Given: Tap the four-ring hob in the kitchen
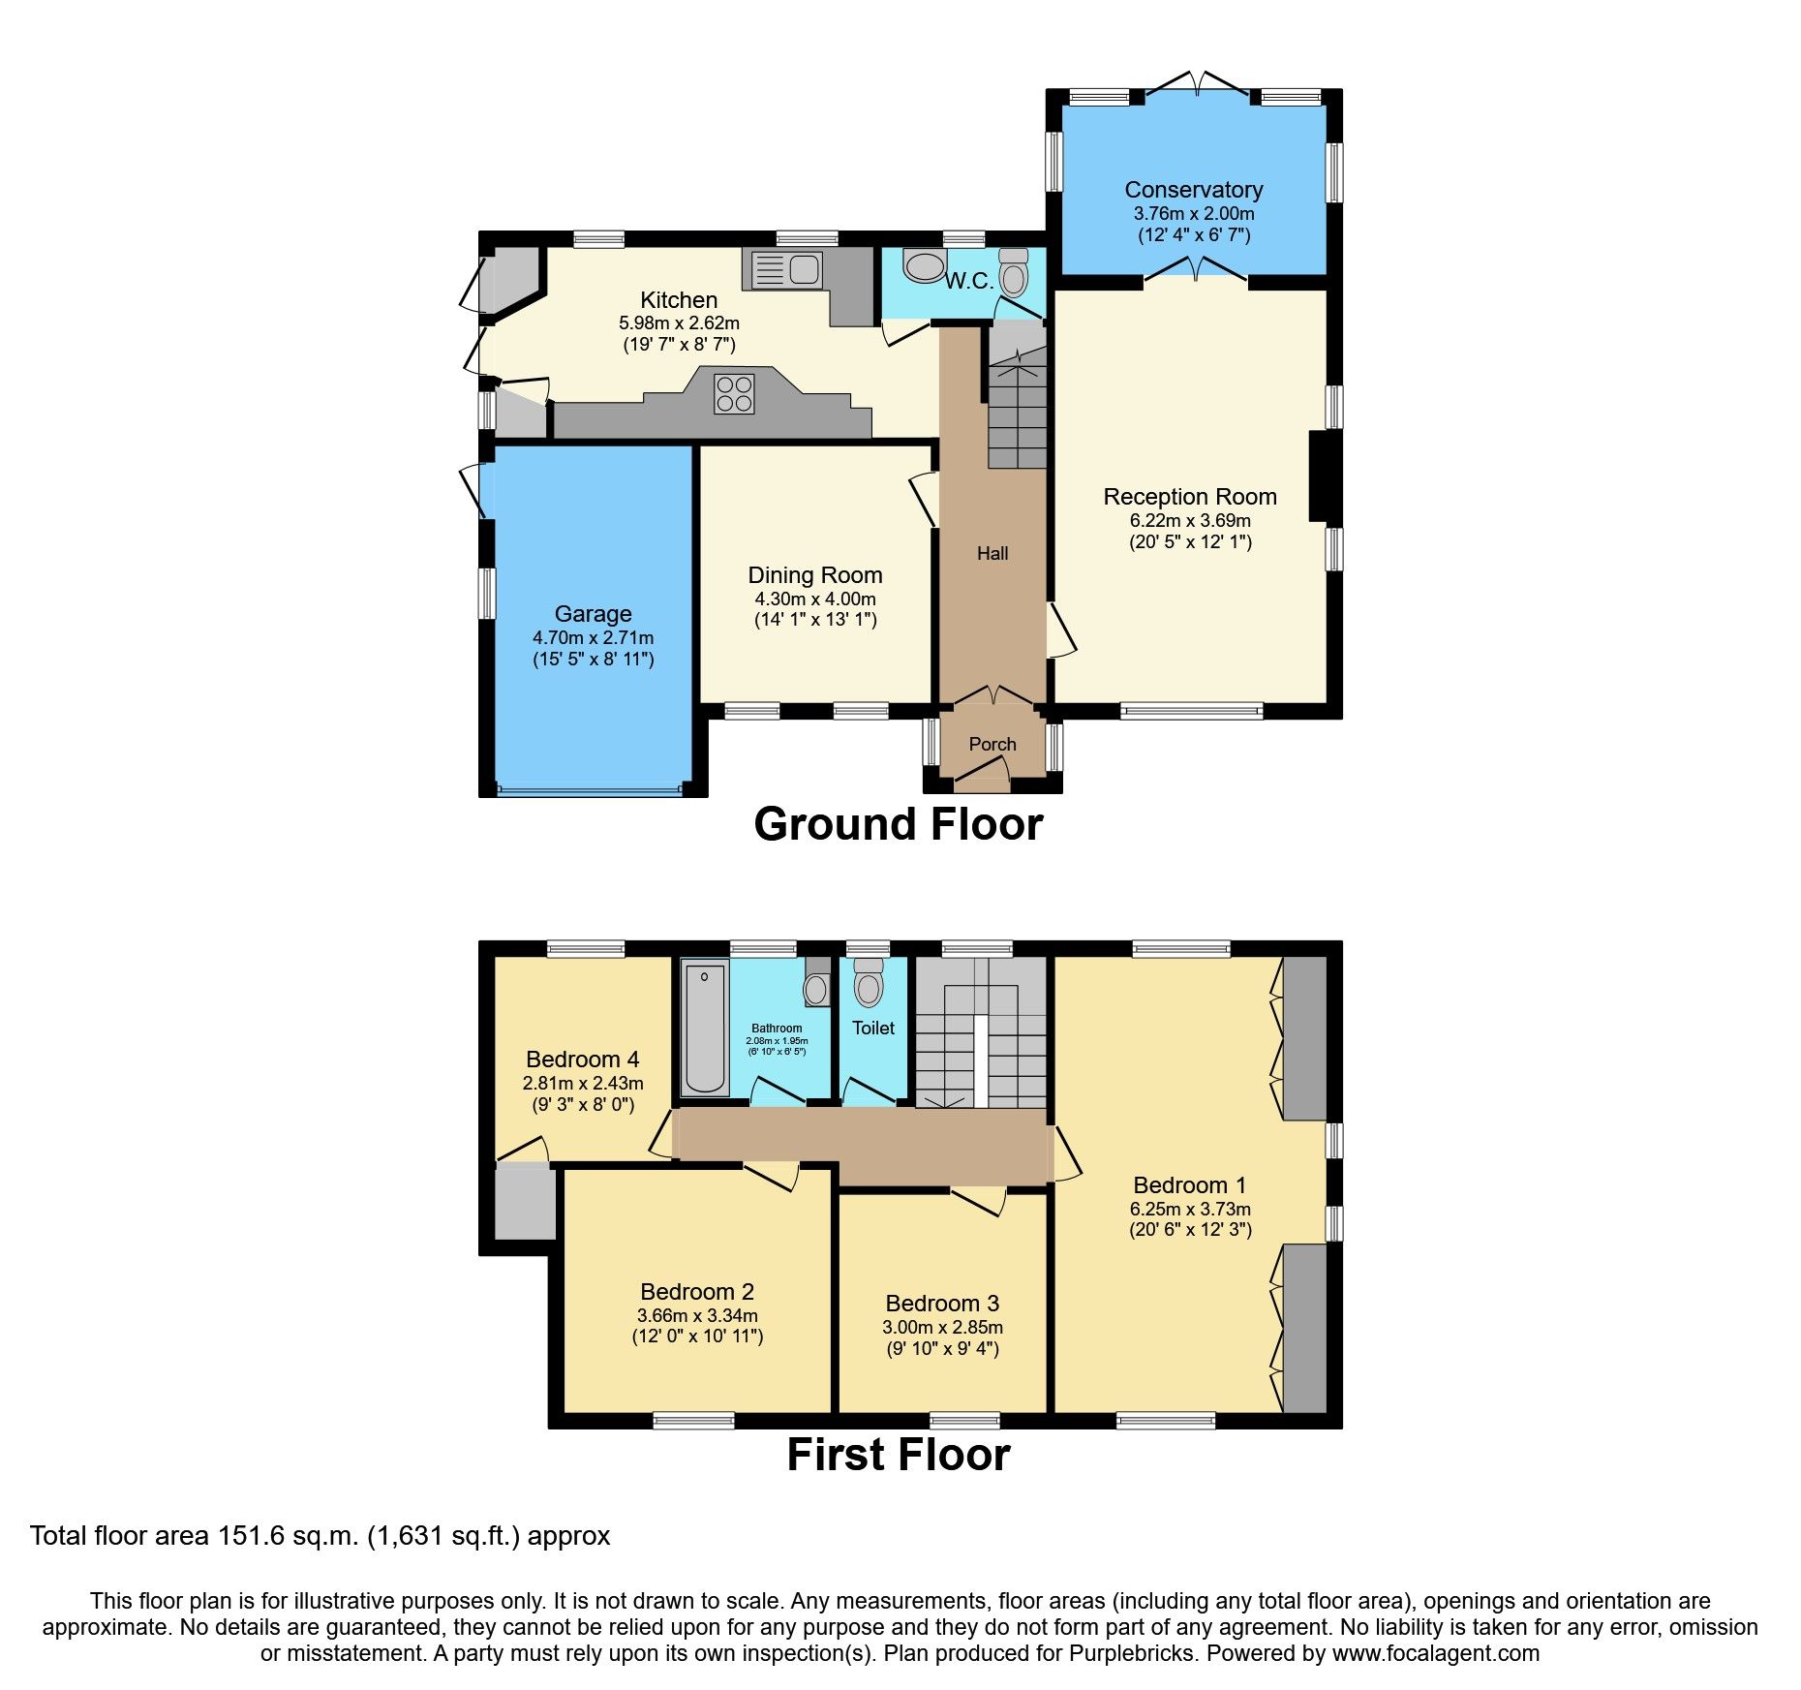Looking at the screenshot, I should pyautogui.click(x=733, y=393).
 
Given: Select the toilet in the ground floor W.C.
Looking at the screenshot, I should pyautogui.click(x=1013, y=274).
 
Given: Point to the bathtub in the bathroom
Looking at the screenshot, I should pyautogui.click(x=704, y=1028).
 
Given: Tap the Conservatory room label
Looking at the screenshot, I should pyautogui.click(x=1193, y=190).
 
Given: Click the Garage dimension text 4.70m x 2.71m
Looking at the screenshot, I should pyautogui.click(x=593, y=637).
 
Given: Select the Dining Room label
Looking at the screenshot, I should pyautogui.click(x=814, y=575).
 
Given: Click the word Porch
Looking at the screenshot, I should pyautogui.click(x=992, y=744).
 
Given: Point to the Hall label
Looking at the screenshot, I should pyautogui.click(x=992, y=553).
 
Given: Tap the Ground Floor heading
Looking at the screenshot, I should pyautogui.click(x=898, y=824).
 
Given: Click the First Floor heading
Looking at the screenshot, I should pyautogui.click(x=898, y=1455).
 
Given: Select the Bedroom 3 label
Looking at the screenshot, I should pyautogui.click(x=941, y=1304).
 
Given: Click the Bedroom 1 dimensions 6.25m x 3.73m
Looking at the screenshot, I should pyautogui.click(x=1189, y=1209).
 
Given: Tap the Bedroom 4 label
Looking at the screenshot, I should pyautogui.click(x=582, y=1060).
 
